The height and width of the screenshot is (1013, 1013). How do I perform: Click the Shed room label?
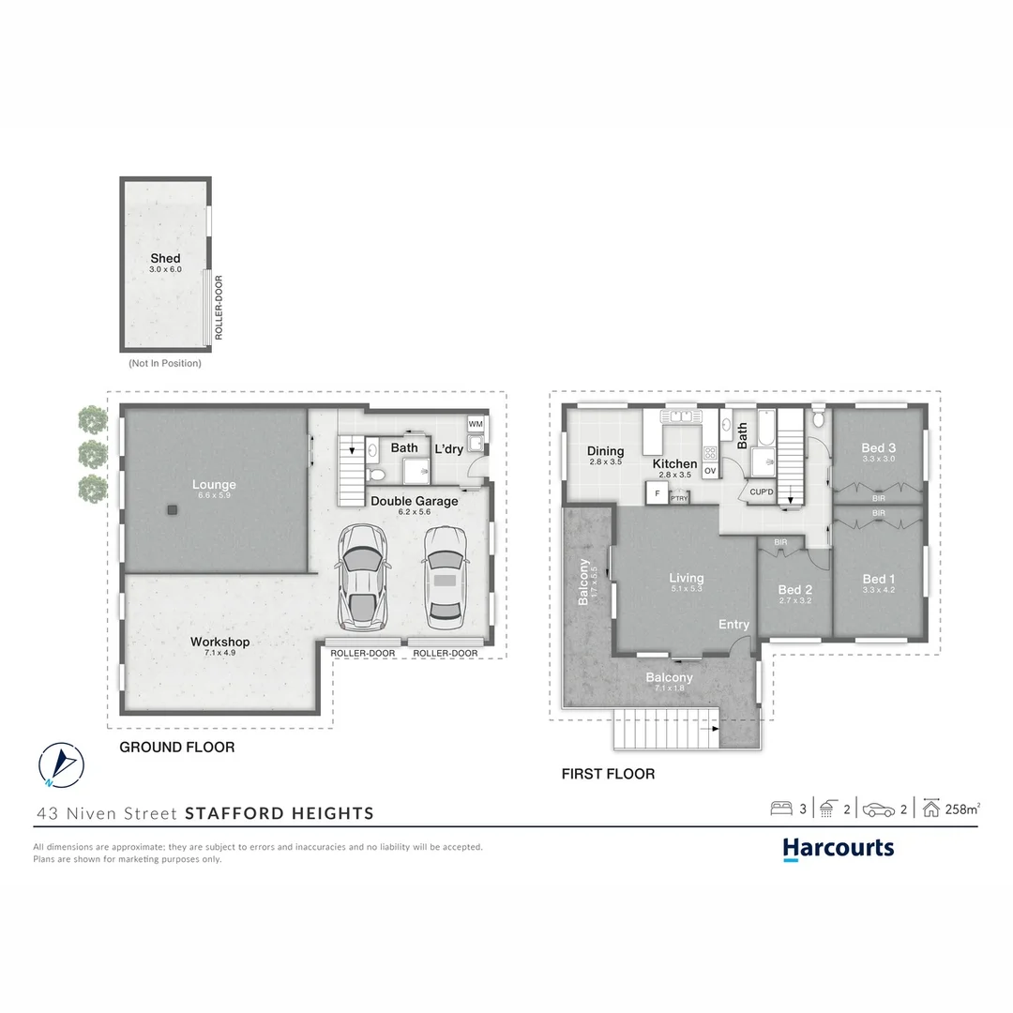[x=165, y=258]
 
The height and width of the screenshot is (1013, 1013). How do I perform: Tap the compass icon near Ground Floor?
[x=61, y=764]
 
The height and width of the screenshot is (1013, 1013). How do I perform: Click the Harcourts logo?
[x=839, y=849]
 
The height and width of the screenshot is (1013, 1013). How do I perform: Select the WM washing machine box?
[x=476, y=424]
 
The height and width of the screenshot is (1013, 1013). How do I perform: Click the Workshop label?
[x=219, y=642]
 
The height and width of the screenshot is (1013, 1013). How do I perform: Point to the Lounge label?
[x=214, y=485]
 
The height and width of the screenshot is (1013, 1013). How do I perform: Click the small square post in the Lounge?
[x=173, y=510]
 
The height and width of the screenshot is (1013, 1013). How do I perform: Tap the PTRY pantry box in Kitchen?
[x=679, y=498]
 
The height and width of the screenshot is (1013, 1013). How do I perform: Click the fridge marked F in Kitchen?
[x=657, y=493]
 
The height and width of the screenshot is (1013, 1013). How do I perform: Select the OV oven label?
[x=710, y=471]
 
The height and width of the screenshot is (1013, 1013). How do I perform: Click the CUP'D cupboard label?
[x=761, y=491]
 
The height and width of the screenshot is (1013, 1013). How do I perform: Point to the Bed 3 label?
[x=879, y=448]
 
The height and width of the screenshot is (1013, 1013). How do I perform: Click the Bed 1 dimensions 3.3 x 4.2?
[x=879, y=590]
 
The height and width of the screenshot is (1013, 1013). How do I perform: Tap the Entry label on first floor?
[x=733, y=625]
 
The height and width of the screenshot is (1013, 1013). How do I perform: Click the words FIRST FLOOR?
[x=608, y=774]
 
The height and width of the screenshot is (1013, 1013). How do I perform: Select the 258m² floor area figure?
[x=962, y=809]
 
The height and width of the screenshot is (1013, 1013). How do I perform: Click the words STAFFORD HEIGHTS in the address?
[x=280, y=813]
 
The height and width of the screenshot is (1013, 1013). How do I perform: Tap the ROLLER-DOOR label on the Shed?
[x=219, y=307]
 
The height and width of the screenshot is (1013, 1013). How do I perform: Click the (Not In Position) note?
[x=165, y=363]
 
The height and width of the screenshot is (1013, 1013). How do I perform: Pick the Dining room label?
[x=606, y=451]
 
